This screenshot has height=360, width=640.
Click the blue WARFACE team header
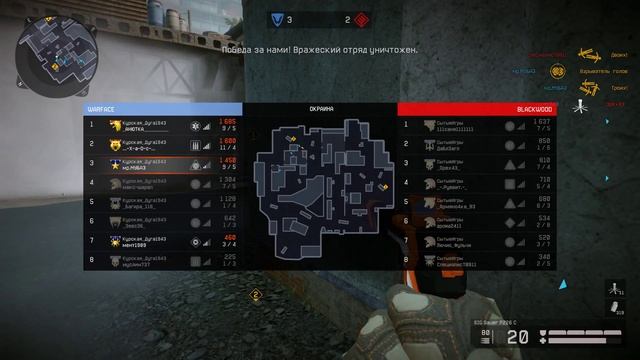click(162, 108)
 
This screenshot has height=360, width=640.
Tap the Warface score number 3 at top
click(289, 19)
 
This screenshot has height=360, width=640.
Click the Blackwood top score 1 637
click(543, 122)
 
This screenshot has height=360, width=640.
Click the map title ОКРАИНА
click(320, 108)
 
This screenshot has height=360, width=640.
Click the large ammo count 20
click(517, 338)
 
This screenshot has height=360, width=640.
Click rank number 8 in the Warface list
click(92, 260)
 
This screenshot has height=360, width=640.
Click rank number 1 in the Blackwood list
click(406, 125)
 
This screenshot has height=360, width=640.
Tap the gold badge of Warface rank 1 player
click(116, 125)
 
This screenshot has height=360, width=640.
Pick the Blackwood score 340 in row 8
click(543, 257)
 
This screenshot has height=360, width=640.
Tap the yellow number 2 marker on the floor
click(255, 294)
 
